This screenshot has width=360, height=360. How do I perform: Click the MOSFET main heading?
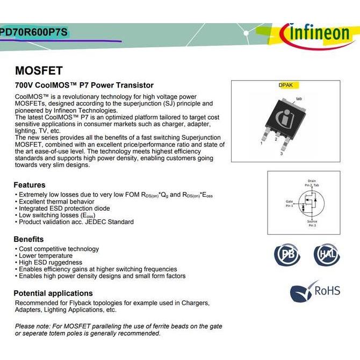(x=39, y=70)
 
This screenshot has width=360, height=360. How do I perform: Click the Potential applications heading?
(x=53, y=293)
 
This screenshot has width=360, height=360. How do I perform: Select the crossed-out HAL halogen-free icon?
(x=326, y=254)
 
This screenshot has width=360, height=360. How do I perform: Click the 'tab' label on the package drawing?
(x=299, y=99)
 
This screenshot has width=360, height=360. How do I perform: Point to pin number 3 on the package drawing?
(x=281, y=154)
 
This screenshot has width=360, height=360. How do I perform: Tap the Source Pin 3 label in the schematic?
(x=312, y=224)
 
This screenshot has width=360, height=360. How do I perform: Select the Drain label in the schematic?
(x=312, y=181)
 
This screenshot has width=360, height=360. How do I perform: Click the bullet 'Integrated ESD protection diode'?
(x=64, y=208)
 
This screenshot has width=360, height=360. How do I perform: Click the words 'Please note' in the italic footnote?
(x=32, y=326)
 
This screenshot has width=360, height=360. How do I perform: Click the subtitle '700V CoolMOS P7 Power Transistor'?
(x=84, y=85)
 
